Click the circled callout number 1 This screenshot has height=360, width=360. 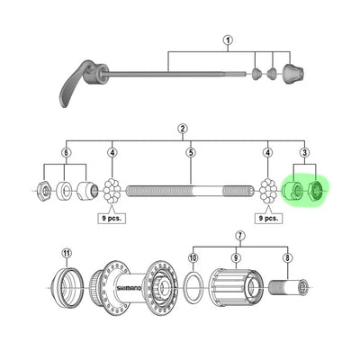click(229, 40)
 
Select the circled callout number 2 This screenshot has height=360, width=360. click(183, 129)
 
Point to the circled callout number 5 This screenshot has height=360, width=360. click(191, 152)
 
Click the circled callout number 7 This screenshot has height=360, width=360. click(238, 236)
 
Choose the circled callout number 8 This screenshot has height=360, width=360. click(287, 256)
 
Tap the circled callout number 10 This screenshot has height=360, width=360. click(193, 257)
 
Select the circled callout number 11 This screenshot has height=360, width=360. click(66, 253)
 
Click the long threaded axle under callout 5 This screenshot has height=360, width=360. click(191, 190)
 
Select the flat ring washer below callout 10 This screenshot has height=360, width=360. click(193, 290)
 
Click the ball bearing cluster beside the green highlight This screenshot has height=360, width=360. click(267, 191)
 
